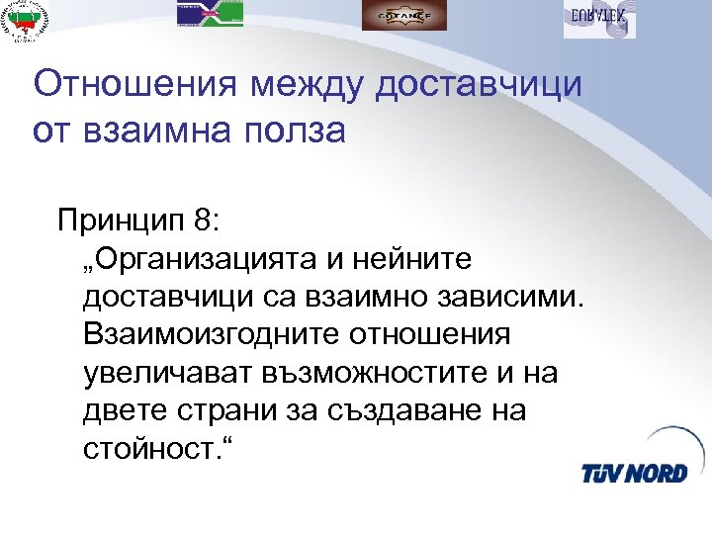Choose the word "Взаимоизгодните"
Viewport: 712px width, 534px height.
tap(212, 335)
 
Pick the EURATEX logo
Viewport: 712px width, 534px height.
tap(599, 18)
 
